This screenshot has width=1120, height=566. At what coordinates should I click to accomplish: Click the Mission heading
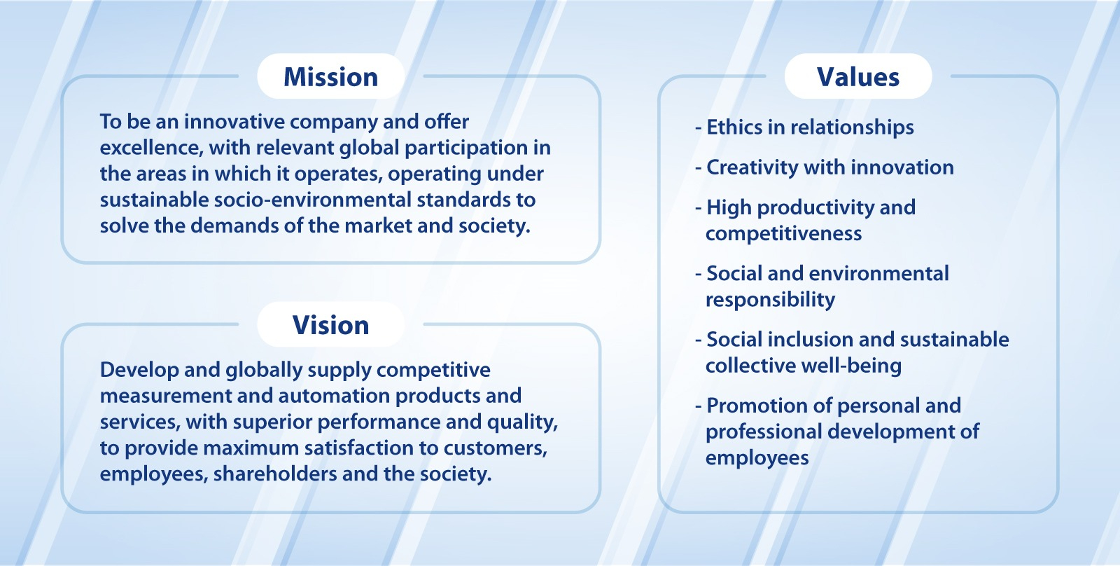coord(330,77)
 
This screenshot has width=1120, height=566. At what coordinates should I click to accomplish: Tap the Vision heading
coord(330,325)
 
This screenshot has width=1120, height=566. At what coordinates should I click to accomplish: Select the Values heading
coord(858,77)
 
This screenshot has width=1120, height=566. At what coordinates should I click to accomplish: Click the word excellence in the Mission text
coord(150,148)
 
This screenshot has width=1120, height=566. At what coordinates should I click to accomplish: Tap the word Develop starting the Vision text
coord(139,371)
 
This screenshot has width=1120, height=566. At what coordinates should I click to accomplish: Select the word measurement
coord(165,396)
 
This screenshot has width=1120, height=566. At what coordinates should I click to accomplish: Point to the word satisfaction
coord(358,448)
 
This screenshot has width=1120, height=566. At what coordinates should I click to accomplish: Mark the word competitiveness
coord(783,234)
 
